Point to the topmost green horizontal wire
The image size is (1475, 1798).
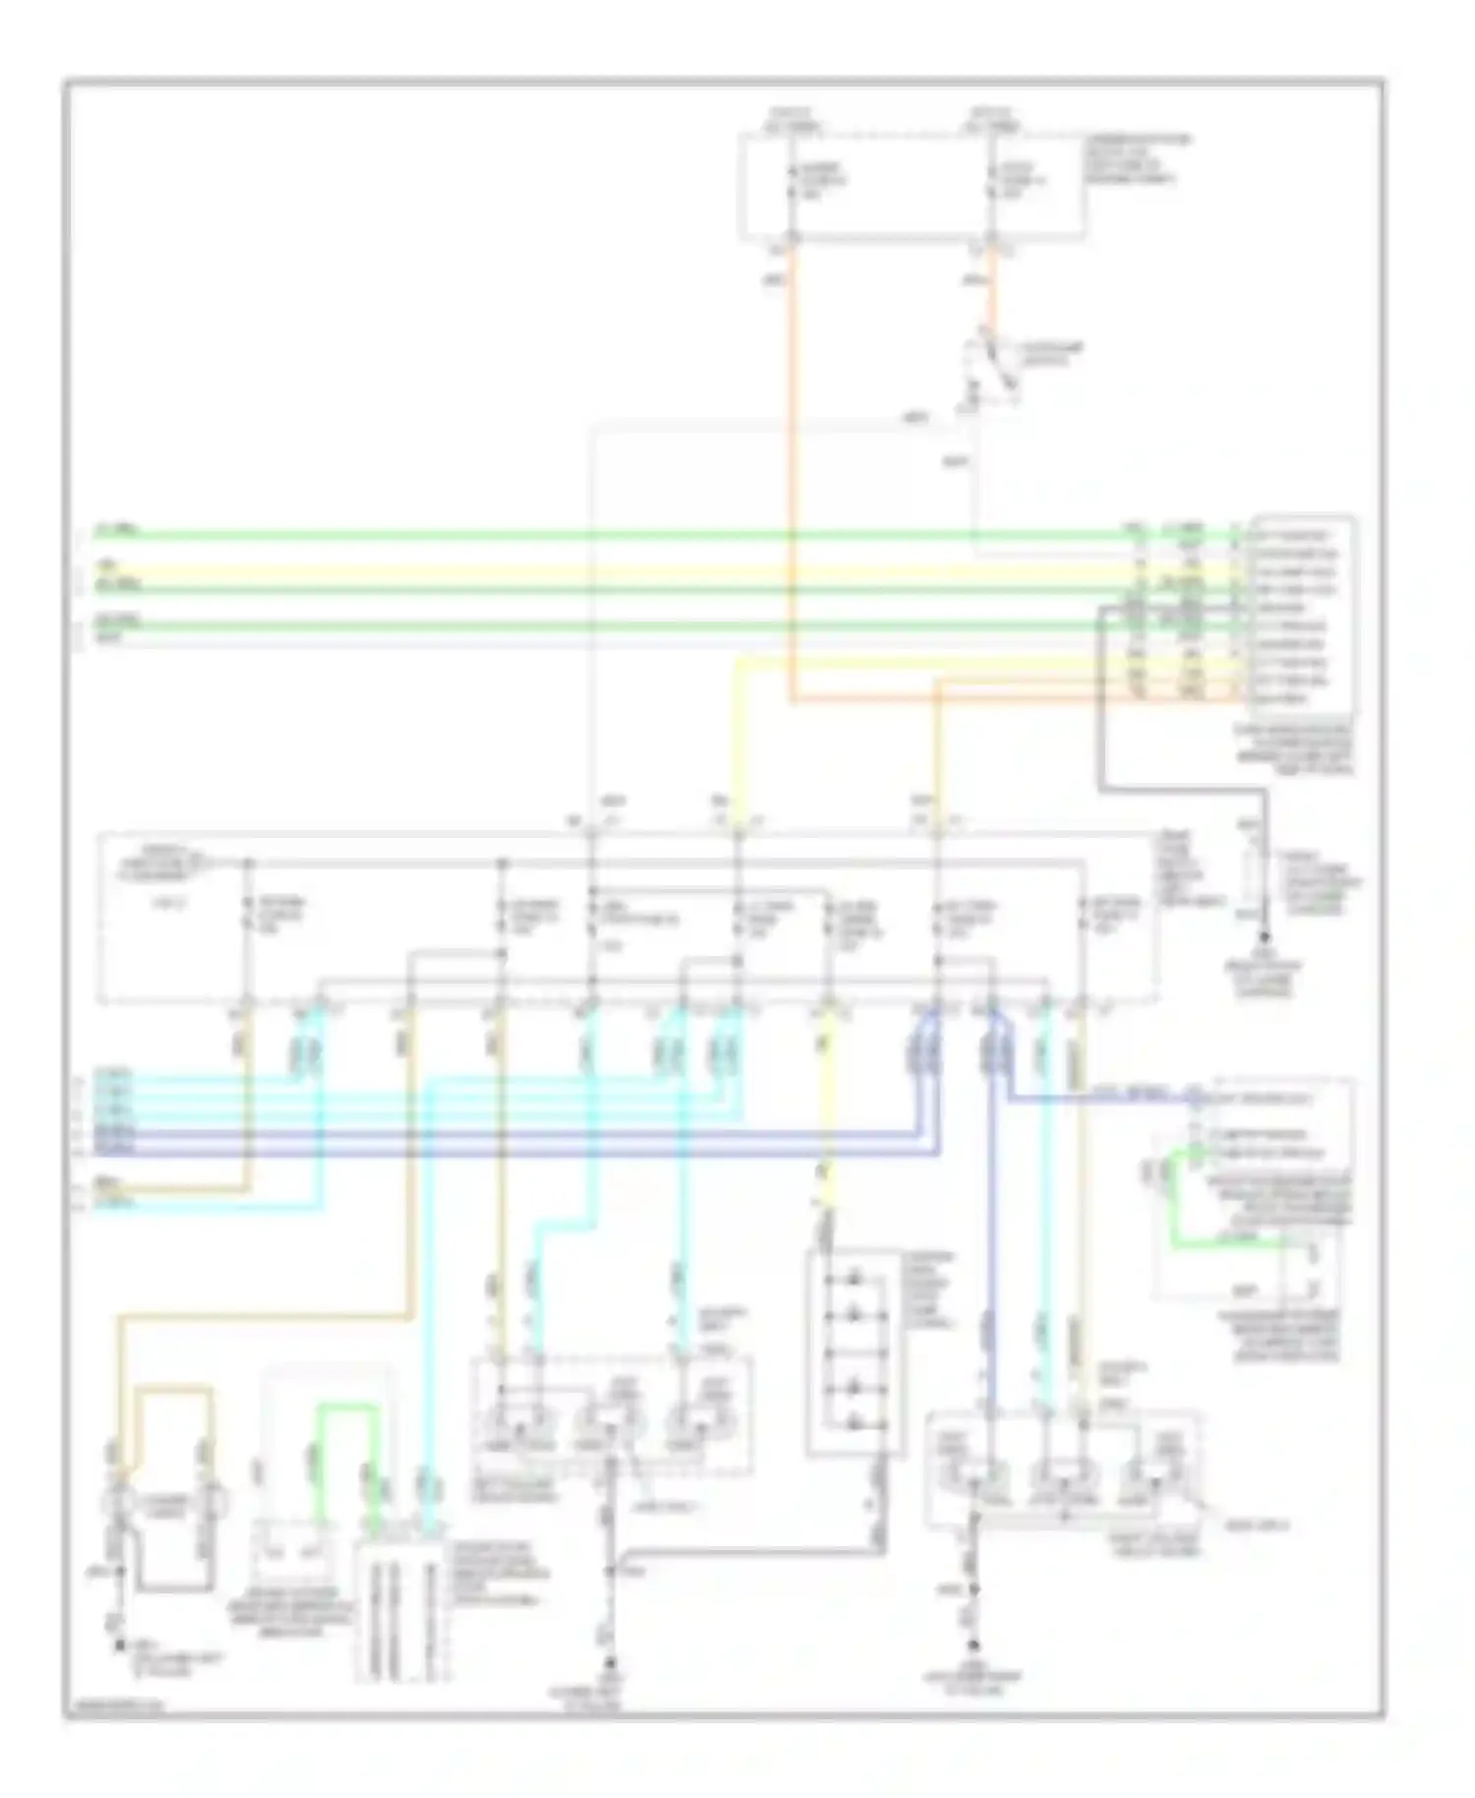590,536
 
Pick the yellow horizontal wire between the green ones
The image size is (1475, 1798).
590,571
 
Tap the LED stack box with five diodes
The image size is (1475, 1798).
854,1352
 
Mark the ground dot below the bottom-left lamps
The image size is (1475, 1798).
120,1644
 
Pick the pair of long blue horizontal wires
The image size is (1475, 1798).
492,1142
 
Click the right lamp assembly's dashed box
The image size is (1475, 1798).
1062,1470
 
